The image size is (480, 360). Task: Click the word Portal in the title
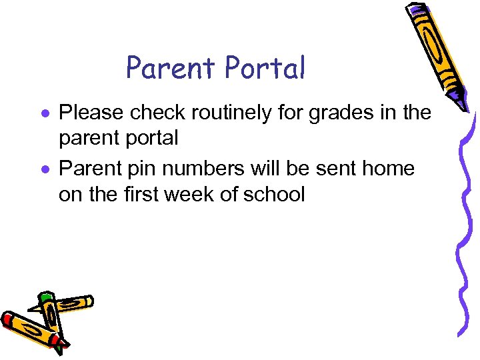(x=265, y=67)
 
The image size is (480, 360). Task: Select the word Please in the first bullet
(x=92, y=113)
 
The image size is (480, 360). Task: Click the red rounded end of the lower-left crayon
(x=7, y=319)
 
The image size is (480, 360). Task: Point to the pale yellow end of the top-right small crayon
(x=89, y=301)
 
